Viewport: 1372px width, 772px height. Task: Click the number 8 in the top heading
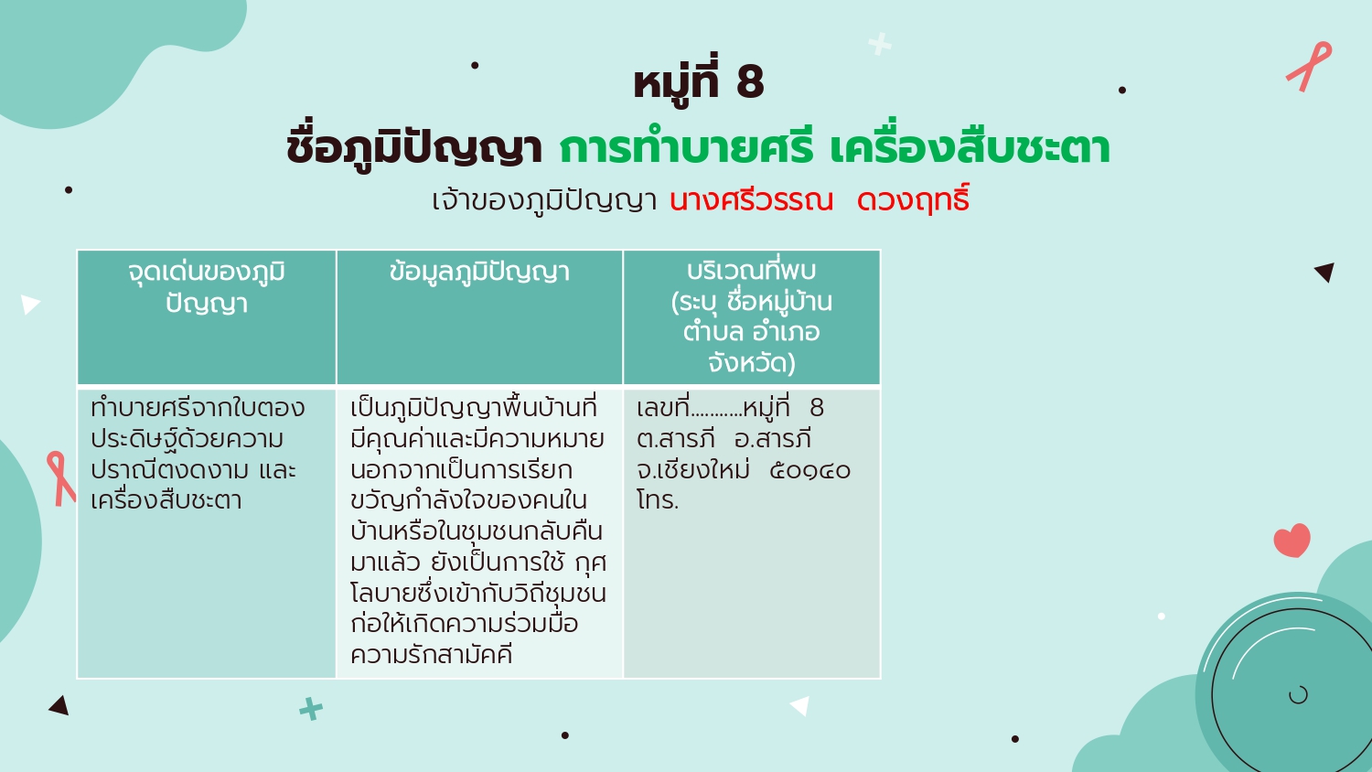click(750, 81)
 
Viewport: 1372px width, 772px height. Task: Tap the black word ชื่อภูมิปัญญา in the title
click(414, 147)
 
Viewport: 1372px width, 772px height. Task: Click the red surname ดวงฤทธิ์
click(913, 198)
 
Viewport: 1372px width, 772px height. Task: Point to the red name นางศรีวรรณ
click(752, 200)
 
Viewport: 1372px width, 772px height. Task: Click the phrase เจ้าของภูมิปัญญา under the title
click(544, 201)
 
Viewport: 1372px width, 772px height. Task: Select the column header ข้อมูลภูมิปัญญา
click(479, 272)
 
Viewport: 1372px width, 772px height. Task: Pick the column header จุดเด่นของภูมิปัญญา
click(207, 287)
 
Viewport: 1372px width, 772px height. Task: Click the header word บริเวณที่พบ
click(752, 270)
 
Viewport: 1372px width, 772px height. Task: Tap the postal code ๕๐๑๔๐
click(809, 470)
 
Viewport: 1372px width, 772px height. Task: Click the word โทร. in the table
click(658, 500)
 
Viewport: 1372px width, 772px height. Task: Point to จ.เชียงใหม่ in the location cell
click(693, 470)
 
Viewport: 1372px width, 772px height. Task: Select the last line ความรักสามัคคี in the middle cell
click(431, 654)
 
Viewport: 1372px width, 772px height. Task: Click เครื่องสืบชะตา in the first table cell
click(166, 499)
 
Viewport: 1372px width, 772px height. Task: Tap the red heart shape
click(1292, 540)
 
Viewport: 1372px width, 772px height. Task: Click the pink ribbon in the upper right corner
click(1309, 66)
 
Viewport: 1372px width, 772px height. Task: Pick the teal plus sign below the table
click(311, 709)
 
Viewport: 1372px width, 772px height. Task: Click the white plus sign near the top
click(880, 44)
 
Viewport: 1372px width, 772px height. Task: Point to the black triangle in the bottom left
click(59, 706)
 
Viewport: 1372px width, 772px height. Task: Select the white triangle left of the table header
click(29, 304)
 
